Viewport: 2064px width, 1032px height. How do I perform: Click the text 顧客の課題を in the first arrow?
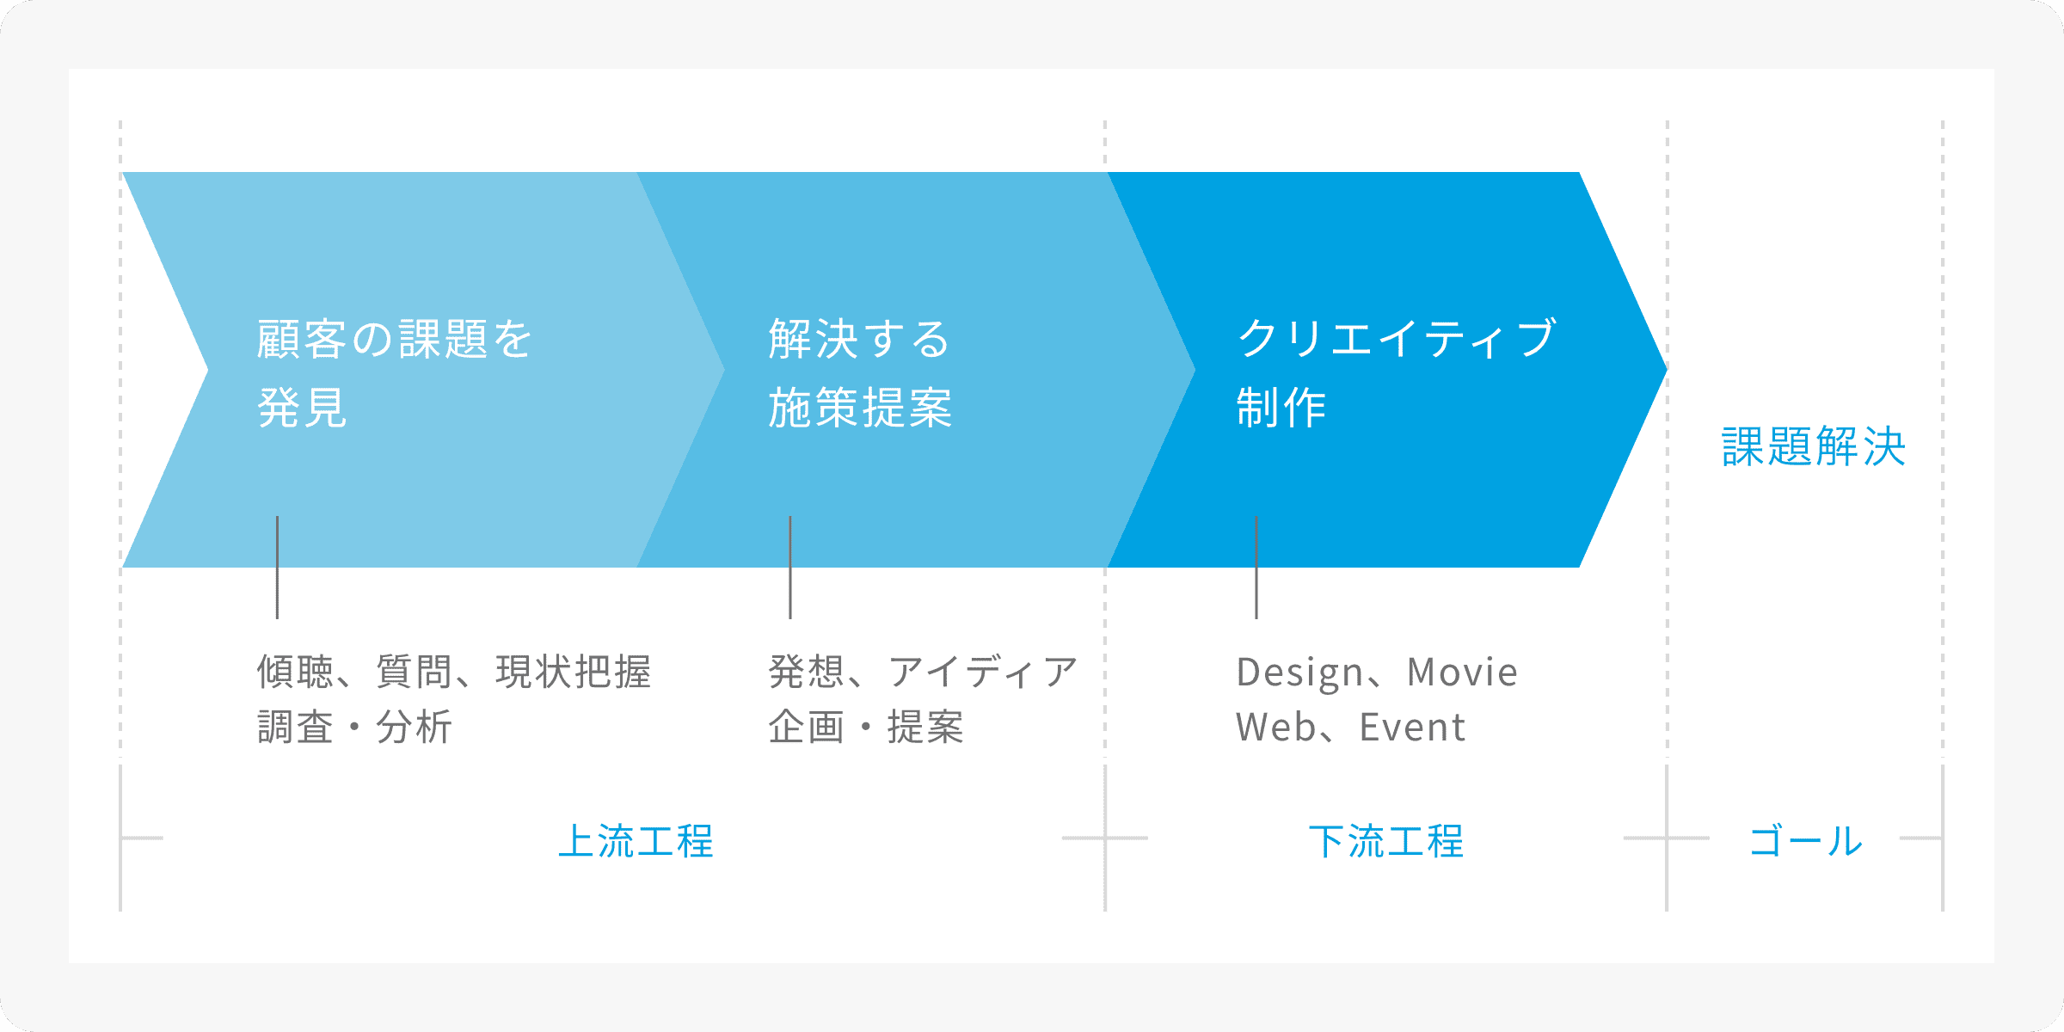(x=395, y=339)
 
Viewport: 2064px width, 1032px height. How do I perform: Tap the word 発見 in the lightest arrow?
(x=302, y=408)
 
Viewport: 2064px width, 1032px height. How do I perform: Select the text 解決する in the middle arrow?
(x=859, y=339)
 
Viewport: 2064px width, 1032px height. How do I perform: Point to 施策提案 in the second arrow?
(x=860, y=408)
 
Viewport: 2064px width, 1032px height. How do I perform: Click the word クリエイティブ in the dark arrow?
(x=1397, y=338)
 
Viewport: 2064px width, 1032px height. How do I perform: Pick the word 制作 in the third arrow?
(x=1281, y=408)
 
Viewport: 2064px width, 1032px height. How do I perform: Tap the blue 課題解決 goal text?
(x=1814, y=446)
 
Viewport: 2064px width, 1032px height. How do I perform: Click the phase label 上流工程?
(x=636, y=841)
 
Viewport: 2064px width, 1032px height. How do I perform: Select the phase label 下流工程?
(x=1386, y=841)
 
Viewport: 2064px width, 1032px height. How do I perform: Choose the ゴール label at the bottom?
(x=1806, y=841)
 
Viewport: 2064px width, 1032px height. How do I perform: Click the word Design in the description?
(x=1299, y=673)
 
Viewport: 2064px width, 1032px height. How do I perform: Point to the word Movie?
(x=1462, y=673)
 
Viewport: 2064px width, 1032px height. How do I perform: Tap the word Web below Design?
(x=1276, y=728)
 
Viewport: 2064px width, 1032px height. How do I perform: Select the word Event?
(x=1412, y=728)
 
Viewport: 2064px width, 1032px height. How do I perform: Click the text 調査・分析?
(x=354, y=728)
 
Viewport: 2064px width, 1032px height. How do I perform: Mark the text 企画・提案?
(x=866, y=728)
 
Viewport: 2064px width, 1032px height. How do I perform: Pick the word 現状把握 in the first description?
(x=574, y=673)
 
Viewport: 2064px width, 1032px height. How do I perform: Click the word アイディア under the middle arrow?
(x=983, y=673)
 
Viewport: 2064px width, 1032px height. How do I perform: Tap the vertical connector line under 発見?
(x=277, y=568)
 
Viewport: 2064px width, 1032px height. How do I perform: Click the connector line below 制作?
(x=1256, y=568)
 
